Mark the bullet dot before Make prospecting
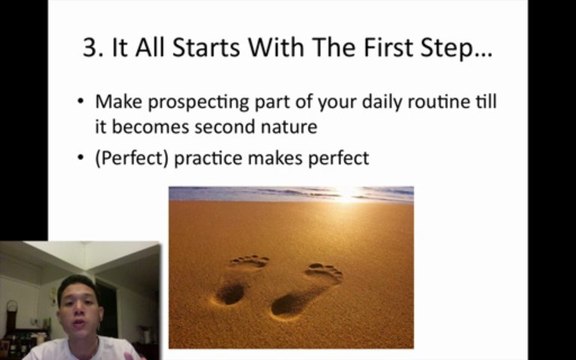(x=81, y=103)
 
